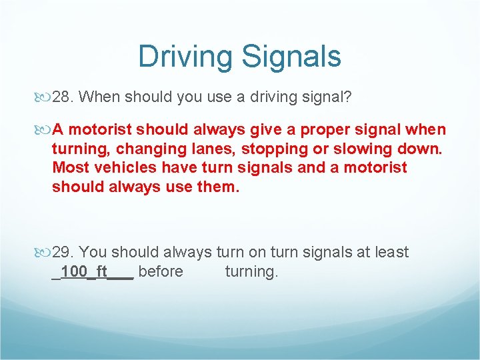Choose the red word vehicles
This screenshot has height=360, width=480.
(x=121, y=167)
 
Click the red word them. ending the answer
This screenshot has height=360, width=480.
(x=217, y=186)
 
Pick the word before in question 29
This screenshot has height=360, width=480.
(x=161, y=271)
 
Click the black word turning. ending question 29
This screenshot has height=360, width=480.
(x=251, y=271)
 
